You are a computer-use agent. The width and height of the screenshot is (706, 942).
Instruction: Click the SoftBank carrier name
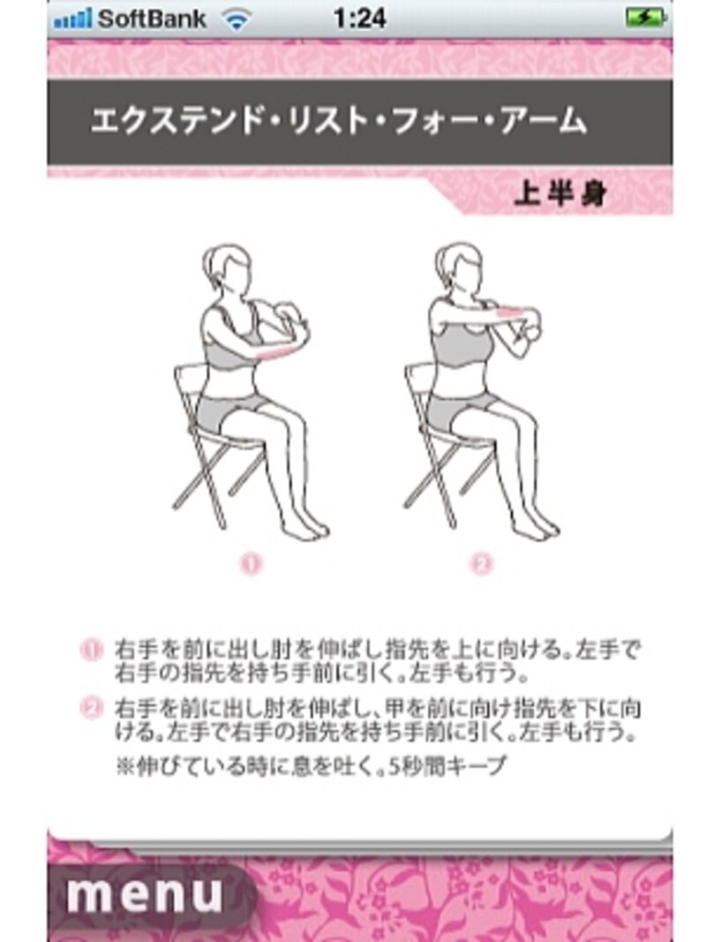click(x=151, y=19)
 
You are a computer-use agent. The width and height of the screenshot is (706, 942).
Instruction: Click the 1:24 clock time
click(x=359, y=19)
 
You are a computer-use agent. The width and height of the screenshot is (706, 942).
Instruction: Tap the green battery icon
click(x=645, y=19)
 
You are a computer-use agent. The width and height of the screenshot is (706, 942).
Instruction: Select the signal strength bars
click(x=72, y=19)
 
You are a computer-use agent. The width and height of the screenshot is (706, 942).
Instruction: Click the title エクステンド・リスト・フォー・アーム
click(x=338, y=122)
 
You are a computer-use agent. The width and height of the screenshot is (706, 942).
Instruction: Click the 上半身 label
click(x=560, y=196)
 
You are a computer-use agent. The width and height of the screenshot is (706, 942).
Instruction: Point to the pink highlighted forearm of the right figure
click(x=514, y=311)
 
